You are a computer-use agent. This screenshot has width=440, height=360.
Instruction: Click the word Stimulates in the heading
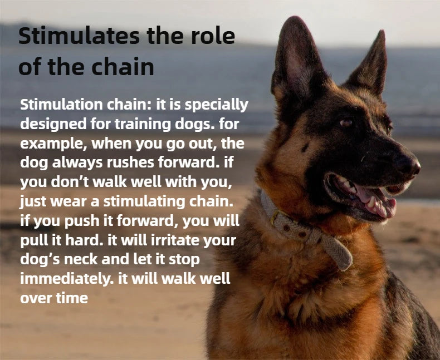pos(76,36)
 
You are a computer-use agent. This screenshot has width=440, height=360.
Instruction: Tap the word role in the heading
pos(211,36)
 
